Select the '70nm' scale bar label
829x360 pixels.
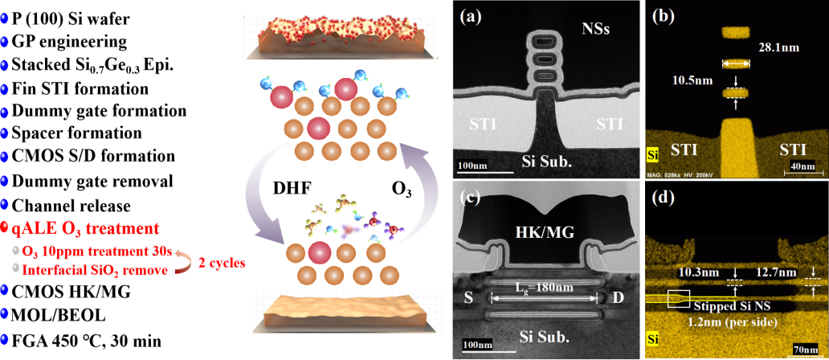tap(806, 350)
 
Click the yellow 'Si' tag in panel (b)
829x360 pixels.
tap(655, 152)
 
